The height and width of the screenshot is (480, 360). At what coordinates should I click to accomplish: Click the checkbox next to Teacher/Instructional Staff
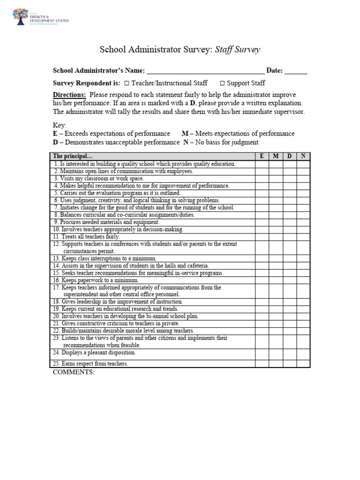pyautogui.click(x=127, y=83)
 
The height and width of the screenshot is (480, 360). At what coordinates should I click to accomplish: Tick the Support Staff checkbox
pyautogui.click(x=222, y=83)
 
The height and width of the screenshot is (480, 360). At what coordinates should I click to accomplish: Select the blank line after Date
pyautogui.click(x=296, y=71)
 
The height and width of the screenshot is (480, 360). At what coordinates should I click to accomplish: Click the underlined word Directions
pyautogui.click(x=69, y=94)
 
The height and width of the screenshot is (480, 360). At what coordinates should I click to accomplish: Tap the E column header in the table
pyautogui.click(x=262, y=157)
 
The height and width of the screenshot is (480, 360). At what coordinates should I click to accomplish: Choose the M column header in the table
pyautogui.click(x=276, y=157)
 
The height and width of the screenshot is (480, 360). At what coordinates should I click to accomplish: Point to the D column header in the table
pyautogui.click(x=289, y=157)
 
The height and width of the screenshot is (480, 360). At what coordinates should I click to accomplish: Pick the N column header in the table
pyautogui.click(x=303, y=157)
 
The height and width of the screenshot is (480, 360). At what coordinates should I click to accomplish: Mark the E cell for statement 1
pyautogui.click(x=262, y=164)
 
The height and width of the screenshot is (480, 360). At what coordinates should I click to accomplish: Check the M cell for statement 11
pyautogui.click(x=276, y=237)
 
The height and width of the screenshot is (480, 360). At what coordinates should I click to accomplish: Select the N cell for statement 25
pyautogui.click(x=303, y=363)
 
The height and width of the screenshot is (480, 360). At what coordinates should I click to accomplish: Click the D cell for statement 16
pyautogui.click(x=289, y=280)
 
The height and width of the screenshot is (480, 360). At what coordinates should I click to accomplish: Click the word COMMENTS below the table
pyautogui.click(x=74, y=372)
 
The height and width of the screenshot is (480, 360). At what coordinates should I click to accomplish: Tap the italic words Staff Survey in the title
pyautogui.click(x=237, y=50)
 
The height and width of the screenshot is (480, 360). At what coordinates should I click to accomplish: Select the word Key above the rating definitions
pyautogui.click(x=60, y=126)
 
